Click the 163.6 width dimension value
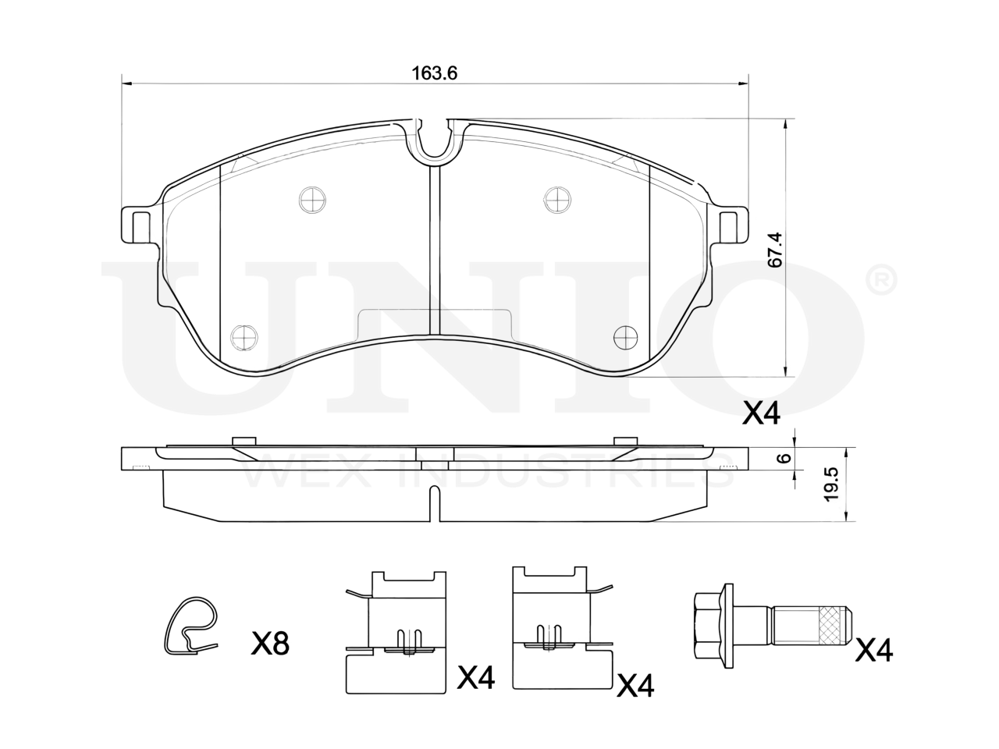point(434,73)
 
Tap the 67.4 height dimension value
point(774,249)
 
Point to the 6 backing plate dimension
point(784,458)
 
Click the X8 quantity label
point(270,644)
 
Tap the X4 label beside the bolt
point(874,650)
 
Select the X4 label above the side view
point(761,414)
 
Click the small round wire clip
point(190,627)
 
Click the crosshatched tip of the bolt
point(834,625)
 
